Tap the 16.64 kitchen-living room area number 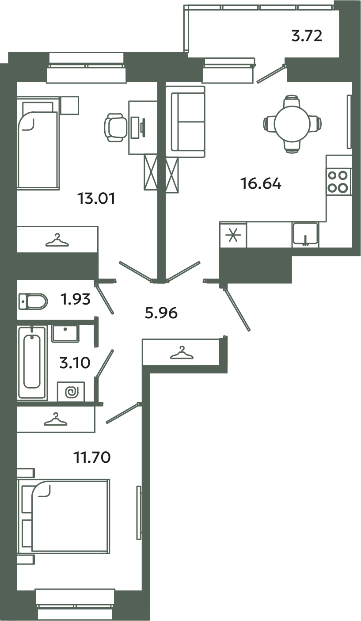coord(261,183)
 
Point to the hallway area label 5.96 coord(161,313)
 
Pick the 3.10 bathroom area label coord(75,363)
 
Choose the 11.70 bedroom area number coord(91,456)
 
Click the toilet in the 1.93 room coord(33,302)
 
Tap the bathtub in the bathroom coord(32,362)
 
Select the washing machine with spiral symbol coord(71,391)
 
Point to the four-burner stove coord(338,181)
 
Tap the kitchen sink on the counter coord(305,233)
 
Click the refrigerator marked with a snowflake coord(233,235)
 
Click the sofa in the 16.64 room coord(185,122)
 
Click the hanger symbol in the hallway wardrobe coord(181,352)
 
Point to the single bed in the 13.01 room coord(38,144)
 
